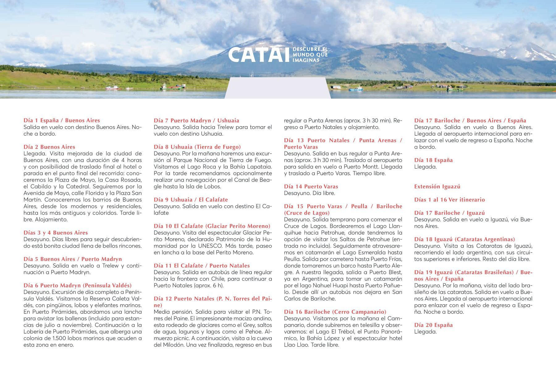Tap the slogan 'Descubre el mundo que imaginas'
point(310,55)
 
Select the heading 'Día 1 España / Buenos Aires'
point(62,121)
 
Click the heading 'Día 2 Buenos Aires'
point(49,147)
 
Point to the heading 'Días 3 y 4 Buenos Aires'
point(56,233)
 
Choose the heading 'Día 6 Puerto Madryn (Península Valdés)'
point(78,285)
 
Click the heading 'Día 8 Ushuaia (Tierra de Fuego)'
point(197,147)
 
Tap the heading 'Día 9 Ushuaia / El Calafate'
point(191,200)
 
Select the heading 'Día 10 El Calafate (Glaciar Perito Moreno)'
point(212,226)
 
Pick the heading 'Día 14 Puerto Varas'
point(311,186)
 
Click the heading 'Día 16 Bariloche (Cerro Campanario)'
point(335,312)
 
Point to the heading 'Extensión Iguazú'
point(437,186)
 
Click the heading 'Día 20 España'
point(433,325)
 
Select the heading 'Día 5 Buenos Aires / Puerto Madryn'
point(73,259)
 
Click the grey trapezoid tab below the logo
point(277,88)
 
